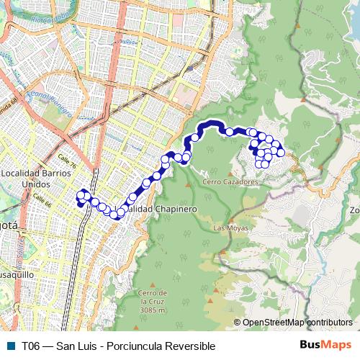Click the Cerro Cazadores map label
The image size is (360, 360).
pos(230,182)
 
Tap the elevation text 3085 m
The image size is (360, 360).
pos(153,310)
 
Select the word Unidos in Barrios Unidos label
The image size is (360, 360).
pos(36,184)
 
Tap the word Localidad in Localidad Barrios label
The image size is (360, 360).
pos(24,174)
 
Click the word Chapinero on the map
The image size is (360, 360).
pos(172,209)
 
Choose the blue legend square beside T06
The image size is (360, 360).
pos(9,346)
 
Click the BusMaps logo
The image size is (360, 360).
pos(325,345)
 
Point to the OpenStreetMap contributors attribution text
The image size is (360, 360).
pos(297,323)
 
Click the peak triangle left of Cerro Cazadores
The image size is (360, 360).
pos(188,183)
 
